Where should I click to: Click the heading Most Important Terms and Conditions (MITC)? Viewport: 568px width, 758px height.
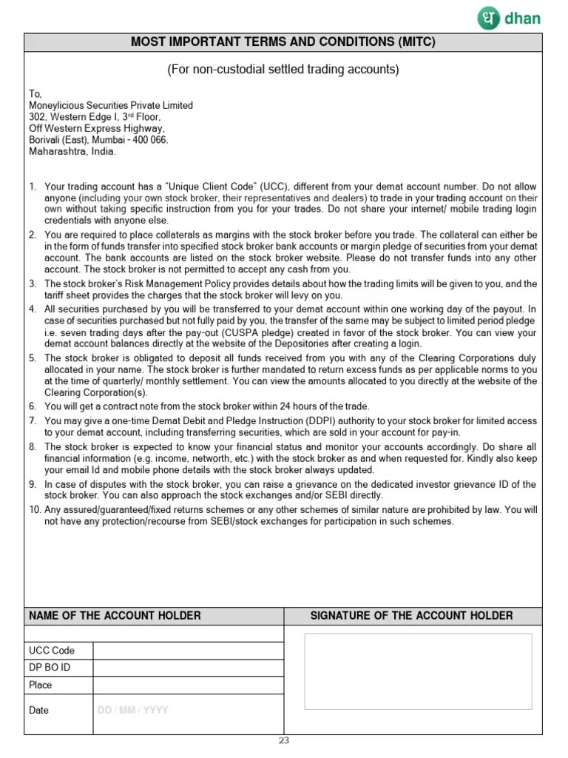point(283,42)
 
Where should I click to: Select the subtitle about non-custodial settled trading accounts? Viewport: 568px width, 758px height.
point(283,70)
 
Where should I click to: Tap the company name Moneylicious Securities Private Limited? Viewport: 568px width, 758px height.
point(111,106)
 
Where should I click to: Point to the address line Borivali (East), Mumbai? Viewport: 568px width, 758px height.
point(98,140)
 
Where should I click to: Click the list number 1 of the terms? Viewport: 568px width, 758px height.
point(33,187)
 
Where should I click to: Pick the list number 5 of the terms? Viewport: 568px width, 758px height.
point(33,358)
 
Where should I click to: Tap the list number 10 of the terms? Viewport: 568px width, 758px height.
point(35,510)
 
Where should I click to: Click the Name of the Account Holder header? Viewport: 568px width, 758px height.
point(115,616)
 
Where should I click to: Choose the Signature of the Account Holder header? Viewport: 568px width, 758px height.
point(411,616)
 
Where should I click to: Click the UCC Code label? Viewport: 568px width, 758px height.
point(52,651)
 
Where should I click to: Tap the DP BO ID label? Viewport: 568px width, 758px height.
point(50,668)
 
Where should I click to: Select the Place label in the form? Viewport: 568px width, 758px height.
point(41,685)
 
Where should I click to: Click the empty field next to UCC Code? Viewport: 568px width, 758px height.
point(189,651)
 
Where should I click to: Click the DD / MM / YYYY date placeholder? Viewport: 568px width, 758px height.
point(133,710)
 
